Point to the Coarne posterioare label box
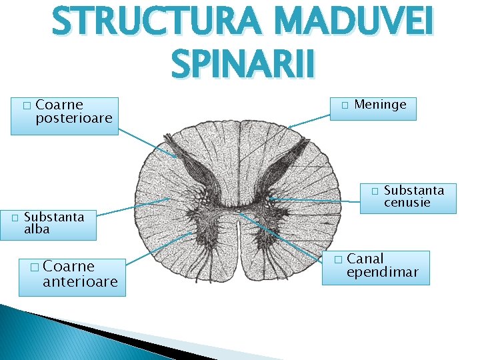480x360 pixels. point(65,116)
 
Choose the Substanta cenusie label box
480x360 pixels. point(408,198)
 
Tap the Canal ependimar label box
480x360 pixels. point(375,267)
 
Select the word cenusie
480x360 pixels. point(407,203)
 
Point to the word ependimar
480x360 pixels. point(383,272)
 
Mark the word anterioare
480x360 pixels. point(80,282)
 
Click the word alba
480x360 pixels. point(37,229)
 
